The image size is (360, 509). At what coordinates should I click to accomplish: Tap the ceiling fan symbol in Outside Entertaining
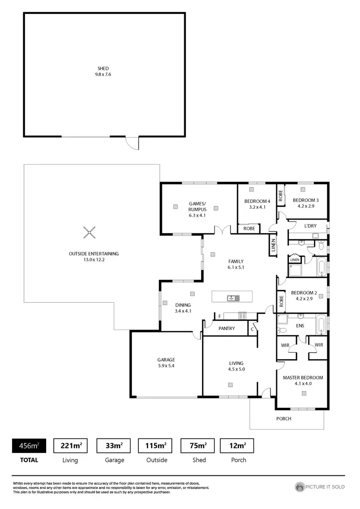point(89,233)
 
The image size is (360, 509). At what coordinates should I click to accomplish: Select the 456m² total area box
point(29,446)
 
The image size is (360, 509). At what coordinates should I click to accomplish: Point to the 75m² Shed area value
point(199,446)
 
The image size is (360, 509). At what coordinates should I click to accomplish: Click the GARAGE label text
point(166,360)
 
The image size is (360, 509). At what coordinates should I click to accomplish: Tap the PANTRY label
point(227,329)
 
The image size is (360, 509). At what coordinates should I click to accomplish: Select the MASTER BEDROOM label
point(303,378)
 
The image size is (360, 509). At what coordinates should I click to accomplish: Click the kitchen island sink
point(233,298)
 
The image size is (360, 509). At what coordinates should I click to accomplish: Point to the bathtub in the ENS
point(322,325)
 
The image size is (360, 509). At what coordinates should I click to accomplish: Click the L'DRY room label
point(312,225)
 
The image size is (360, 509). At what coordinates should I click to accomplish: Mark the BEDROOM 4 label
point(257,201)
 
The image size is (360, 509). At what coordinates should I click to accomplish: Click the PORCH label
point(283,418)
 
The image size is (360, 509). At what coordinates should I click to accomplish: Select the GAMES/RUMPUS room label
point(197,207)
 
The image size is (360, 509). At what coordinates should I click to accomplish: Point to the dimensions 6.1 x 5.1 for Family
point(236,267)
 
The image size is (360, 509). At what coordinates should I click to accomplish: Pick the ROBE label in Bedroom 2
point(282,301)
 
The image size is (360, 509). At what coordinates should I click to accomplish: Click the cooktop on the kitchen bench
point(242,316)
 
